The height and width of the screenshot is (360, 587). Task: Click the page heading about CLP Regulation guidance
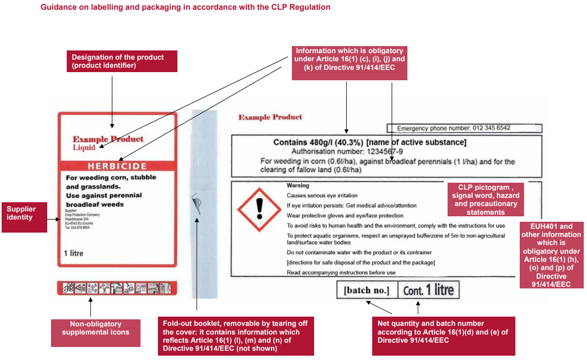pos(185,8)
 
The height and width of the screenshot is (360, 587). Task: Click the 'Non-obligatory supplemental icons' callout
pos(95,328)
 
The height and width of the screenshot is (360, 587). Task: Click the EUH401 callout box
pos(551,255)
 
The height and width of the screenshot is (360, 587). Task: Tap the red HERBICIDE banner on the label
pos(118,166)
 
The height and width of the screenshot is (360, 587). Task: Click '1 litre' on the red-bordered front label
pos(73,253)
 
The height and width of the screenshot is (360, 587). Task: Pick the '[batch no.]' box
pos(366,291)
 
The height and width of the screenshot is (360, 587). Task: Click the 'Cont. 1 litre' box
pos(428,290)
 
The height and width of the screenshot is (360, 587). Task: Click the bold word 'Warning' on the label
pos(298,185)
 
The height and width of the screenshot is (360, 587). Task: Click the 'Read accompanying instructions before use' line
pos(341,273)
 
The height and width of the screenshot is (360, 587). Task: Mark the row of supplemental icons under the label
pos(118,288)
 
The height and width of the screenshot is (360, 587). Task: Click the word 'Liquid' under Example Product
pos(84,147)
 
